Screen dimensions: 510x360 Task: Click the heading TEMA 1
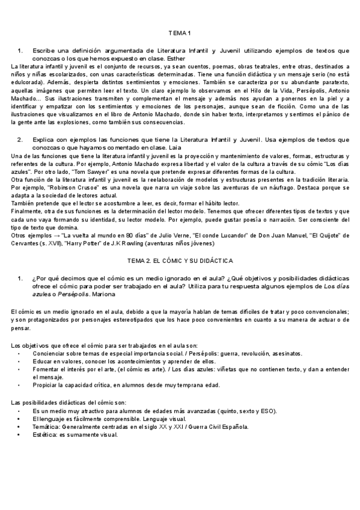pos(180,32)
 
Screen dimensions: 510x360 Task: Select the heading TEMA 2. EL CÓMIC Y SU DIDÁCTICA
pos(180,260)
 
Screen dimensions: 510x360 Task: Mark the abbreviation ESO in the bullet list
pos(269,411)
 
